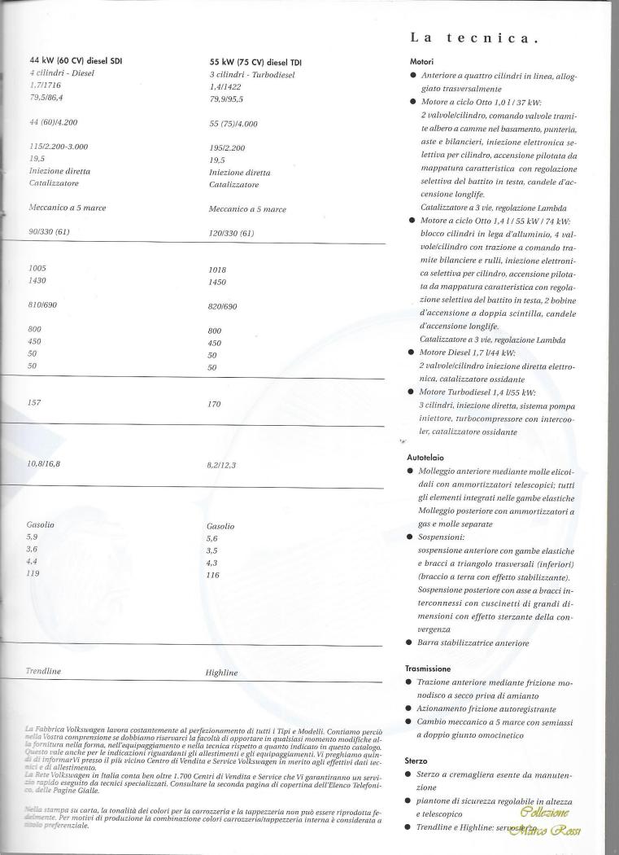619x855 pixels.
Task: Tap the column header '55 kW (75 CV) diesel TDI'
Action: [x=255, y=61]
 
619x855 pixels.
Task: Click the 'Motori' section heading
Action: [x=422, y=61]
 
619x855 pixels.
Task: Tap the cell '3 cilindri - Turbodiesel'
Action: [x=252, y=74]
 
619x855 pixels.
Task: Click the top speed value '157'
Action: [x=34, y=402]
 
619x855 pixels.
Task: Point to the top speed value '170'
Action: [x=216, y=403]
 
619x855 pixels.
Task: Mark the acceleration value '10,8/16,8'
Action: [x=45, y=463]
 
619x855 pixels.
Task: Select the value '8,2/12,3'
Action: [x=222, y=465]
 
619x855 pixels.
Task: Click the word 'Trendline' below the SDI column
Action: [x=45, y=671]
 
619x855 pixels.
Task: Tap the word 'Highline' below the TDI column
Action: [x=223, y=673]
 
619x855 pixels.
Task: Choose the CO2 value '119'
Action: [x=34, y=573]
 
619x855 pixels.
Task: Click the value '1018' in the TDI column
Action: [x=217, y=269]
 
